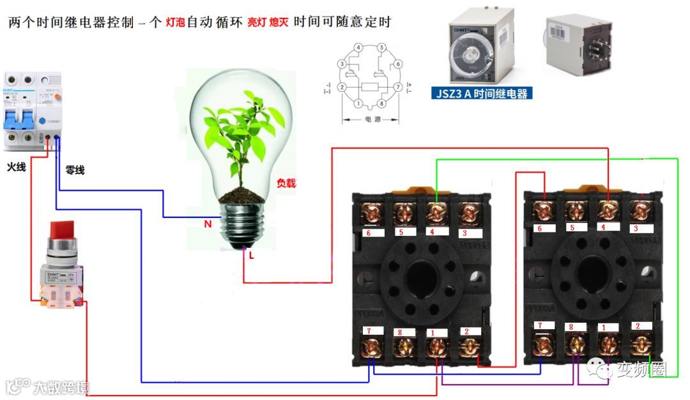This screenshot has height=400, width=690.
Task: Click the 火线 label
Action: [17, 167]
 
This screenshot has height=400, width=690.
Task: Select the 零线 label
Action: [75, 171]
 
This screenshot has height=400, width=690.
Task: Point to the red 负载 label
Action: [286, 183]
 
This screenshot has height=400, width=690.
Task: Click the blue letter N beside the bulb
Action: [208, 224]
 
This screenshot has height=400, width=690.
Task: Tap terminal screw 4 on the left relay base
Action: [436, 212]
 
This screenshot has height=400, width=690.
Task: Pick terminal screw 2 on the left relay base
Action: [470, 346]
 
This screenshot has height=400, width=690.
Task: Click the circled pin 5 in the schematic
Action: [381, 48]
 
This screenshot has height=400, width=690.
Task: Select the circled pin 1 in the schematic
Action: [359, 104]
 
